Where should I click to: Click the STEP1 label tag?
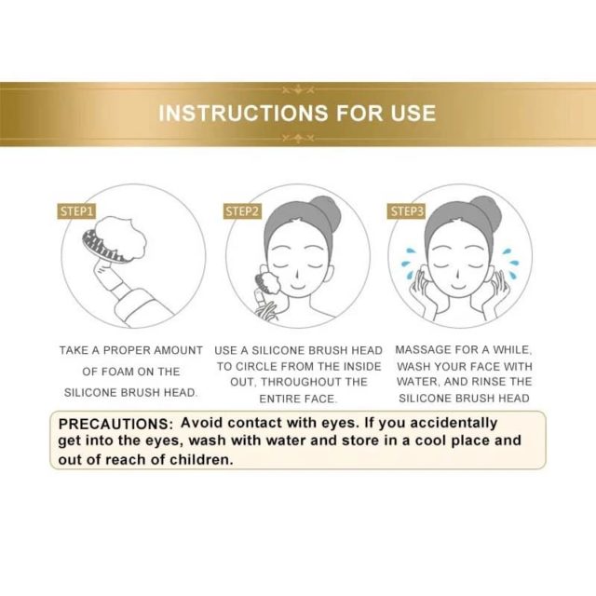(76, 211)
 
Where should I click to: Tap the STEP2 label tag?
(242, 211)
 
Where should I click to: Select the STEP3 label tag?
(407, 211)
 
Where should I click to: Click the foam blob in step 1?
(121, 237)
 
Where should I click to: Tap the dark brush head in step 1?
(102, 247)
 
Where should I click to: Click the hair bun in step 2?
(327, 210)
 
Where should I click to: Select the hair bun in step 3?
(487, 211)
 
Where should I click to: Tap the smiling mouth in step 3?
(458, 286)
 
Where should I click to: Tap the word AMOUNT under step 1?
(178, 350)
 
